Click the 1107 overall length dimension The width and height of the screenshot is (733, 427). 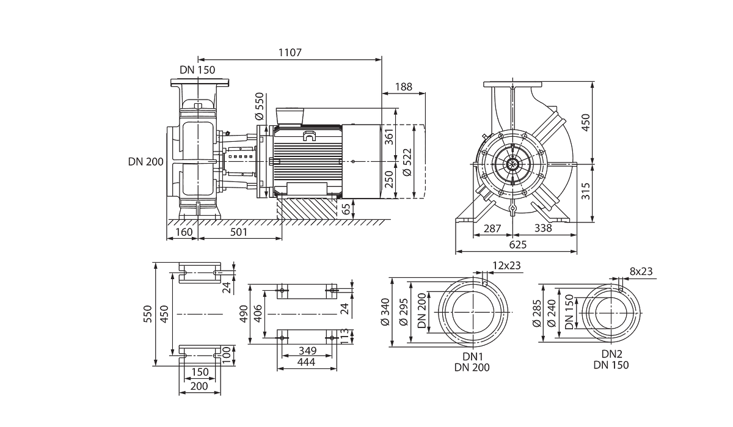pyautogui.click(x=290, y=53)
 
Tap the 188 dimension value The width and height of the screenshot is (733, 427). pyautogui.click(x=404, y=87)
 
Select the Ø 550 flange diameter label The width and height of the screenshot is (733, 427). pyautogui.click(x=259, y=106)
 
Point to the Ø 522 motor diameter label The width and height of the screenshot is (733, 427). pyautogui.click(x=407, y=162)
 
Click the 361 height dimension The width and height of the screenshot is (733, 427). pyautogui.click(x=388, y=137)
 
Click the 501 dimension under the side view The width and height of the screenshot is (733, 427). pyautogui.click(x=239, y=232)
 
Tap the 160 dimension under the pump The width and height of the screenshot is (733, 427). pyautogui.click(x=184, y=232)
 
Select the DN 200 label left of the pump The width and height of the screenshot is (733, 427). pyautogui.click(x=145, y=162)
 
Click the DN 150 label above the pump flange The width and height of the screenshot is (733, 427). pyautogui.click(x=197, y=70)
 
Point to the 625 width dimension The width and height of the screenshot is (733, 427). pyautogui.click(x=518, y=244)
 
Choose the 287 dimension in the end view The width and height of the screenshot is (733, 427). pyautogui.click(x=492, y=228)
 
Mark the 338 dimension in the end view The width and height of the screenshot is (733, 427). pyautogui.click(x=543, y=228)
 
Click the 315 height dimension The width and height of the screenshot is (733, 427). pyautogui.click(x=585, y=191)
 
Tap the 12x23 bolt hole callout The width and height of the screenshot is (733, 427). pyautogui.click(x=506, y=265)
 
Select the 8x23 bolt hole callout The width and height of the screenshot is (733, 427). pyautogui.click(x=641, y=271)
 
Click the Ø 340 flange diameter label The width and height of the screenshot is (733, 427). pyautogui.click(x=385, y=312)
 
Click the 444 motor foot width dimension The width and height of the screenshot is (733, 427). pyautogui.click(x=307, y=362)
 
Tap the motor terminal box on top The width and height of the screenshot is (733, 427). pyautogui.click(x=290, y=116)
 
